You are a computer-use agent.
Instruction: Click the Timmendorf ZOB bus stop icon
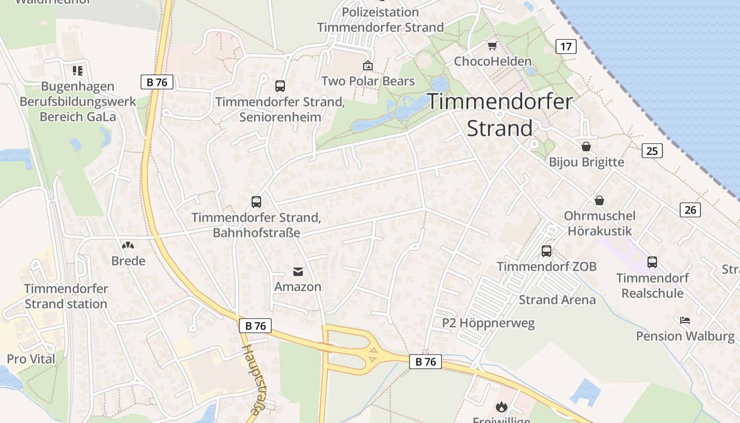[x=547, y=251]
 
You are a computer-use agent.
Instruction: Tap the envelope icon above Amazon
[x=298, y=272]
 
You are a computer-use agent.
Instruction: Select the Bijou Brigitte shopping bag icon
[x=586, y=146]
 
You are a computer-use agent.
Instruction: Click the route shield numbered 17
[x=566, y=47]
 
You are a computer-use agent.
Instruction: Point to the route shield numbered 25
[x=652, y=151]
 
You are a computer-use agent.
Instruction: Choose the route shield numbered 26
[x=690, y=210]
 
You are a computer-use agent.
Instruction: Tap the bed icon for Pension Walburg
[x=685, y=320]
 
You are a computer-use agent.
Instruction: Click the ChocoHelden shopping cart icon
[x=493, y=46]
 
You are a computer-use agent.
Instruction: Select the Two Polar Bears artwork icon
[x=367, y=66]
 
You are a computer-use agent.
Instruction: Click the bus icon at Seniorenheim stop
[x=280, y=86]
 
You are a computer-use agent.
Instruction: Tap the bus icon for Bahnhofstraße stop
[x=256, y=202]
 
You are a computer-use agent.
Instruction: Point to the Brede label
[x=128, y=261]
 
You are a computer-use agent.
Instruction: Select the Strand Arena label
[x=557, y=300]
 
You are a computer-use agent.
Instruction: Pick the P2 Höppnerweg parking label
[x=488, y=323]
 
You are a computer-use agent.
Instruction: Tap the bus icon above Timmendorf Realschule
[x=652, y=262]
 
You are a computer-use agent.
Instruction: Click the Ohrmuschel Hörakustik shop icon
[x=599, y=200]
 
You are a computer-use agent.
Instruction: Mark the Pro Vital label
[x=31, y=359]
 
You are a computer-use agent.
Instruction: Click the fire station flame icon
[x=501, y=407]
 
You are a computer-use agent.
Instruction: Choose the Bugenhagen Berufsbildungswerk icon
[x=78, y=71]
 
